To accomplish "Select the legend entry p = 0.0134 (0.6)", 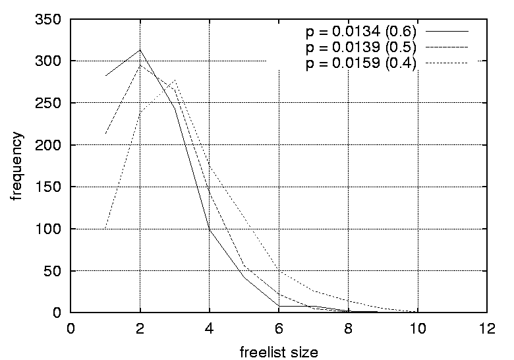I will click(x=360, y=32).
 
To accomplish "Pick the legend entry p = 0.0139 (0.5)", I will click(x=360, y=48).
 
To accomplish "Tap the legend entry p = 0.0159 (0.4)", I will click(x=360, y=65).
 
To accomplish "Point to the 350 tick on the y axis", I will click(x=52, y=20).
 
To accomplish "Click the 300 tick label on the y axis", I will click(x=52, y=61).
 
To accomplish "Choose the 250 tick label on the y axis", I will click(x=52, y=104).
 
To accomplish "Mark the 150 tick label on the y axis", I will click(x=52, y=187).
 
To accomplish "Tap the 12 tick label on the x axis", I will click(x=486, y=328).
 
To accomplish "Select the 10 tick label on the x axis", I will click(x=417, y=328).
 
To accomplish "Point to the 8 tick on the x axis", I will click(x=348, y=328).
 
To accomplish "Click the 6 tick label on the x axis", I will click(x=279, y=328).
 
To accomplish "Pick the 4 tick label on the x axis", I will click(x=210, y=328).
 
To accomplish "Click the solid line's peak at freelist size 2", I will click(x=140, y=50).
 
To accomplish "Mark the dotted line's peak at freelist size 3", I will click(x=175, y=80).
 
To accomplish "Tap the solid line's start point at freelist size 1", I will click(x=105, y=76).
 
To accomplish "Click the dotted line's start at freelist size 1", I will click(x=105, y=229).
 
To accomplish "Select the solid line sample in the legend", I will click(x=447, y=32).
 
